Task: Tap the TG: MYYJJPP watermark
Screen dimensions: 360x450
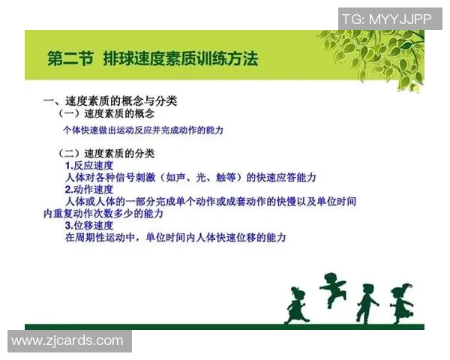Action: [386, 19]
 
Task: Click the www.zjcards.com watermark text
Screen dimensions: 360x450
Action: [67, 340]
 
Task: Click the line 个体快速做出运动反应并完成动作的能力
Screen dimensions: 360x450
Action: [143, 130]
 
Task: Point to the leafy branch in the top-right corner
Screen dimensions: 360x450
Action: [375, 49]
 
